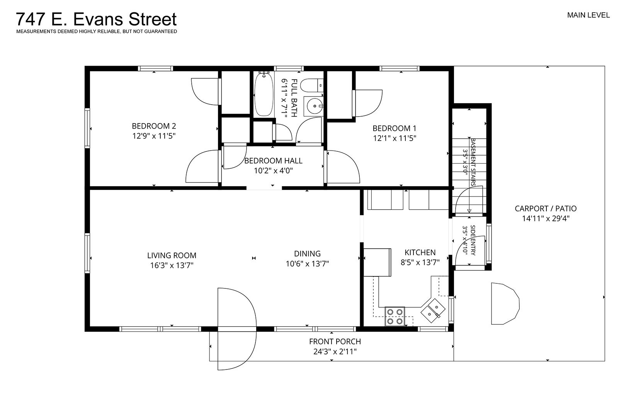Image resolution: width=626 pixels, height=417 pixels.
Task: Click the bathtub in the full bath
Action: click(264, 94)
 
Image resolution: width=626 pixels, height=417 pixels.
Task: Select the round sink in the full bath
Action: click(315, 106)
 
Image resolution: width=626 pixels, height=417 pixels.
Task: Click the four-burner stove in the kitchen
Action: click(395, 316)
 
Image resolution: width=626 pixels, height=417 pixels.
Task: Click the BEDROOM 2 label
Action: click(154, 126)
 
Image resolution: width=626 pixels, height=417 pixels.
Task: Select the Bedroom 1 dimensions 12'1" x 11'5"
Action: click(395, 138)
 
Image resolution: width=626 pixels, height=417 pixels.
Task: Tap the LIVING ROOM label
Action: click(172, 255)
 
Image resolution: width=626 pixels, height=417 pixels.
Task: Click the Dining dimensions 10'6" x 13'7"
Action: click(307, 264)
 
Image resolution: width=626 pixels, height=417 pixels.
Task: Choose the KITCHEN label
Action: click(420, 253)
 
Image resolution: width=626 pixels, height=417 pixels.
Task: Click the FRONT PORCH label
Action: click(335, 341)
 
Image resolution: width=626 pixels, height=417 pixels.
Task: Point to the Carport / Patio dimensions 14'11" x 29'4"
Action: click(546, 219)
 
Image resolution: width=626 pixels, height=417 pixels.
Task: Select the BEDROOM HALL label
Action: click(273, 161)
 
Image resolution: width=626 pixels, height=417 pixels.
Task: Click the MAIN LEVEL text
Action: click(588, 15)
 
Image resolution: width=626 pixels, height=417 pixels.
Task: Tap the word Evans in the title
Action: click(98, 19)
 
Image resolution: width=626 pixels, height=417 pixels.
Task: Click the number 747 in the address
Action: click(31, 19)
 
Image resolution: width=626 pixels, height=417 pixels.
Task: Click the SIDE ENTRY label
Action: click(473, 240)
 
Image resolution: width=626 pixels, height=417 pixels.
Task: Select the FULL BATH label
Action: click(294, 98)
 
